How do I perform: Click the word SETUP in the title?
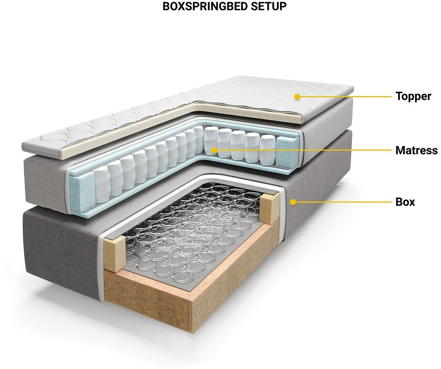pyautogui.click(x=269, y=7)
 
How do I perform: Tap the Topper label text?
pyautogui.click(x=413, y=96)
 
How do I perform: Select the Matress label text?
pyautogui.click(x=417, y=150)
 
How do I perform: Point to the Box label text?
pyautogui.click(x=405, y=202)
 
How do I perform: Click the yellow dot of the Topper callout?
pyautogui.click(x=297, y=97)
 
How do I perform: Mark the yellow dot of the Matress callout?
pyautogui.click(x=214, y=150)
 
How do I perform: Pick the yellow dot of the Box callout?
pyautogui.click(x=293, y=202)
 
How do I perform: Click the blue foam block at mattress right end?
pyautogui.click(x=287, y=152)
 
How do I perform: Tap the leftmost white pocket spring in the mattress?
pyautogui.click(x=102, y=185)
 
